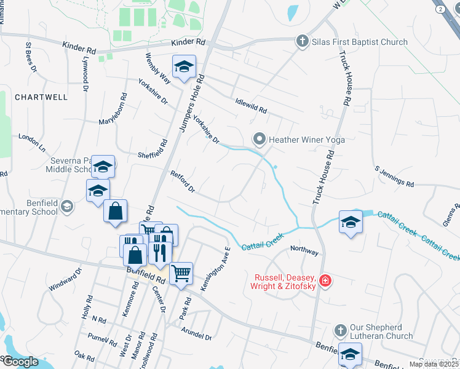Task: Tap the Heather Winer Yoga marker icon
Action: point(260,140)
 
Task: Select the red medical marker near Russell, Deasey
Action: point(325,282)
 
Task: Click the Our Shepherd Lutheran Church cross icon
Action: point(340,330)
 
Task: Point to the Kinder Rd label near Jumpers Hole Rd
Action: point(189,42)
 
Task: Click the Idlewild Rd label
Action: point(251,106)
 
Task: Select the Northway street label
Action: point(304,252)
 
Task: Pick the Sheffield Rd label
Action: point(153,148)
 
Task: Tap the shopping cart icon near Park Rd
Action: point(181,272)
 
